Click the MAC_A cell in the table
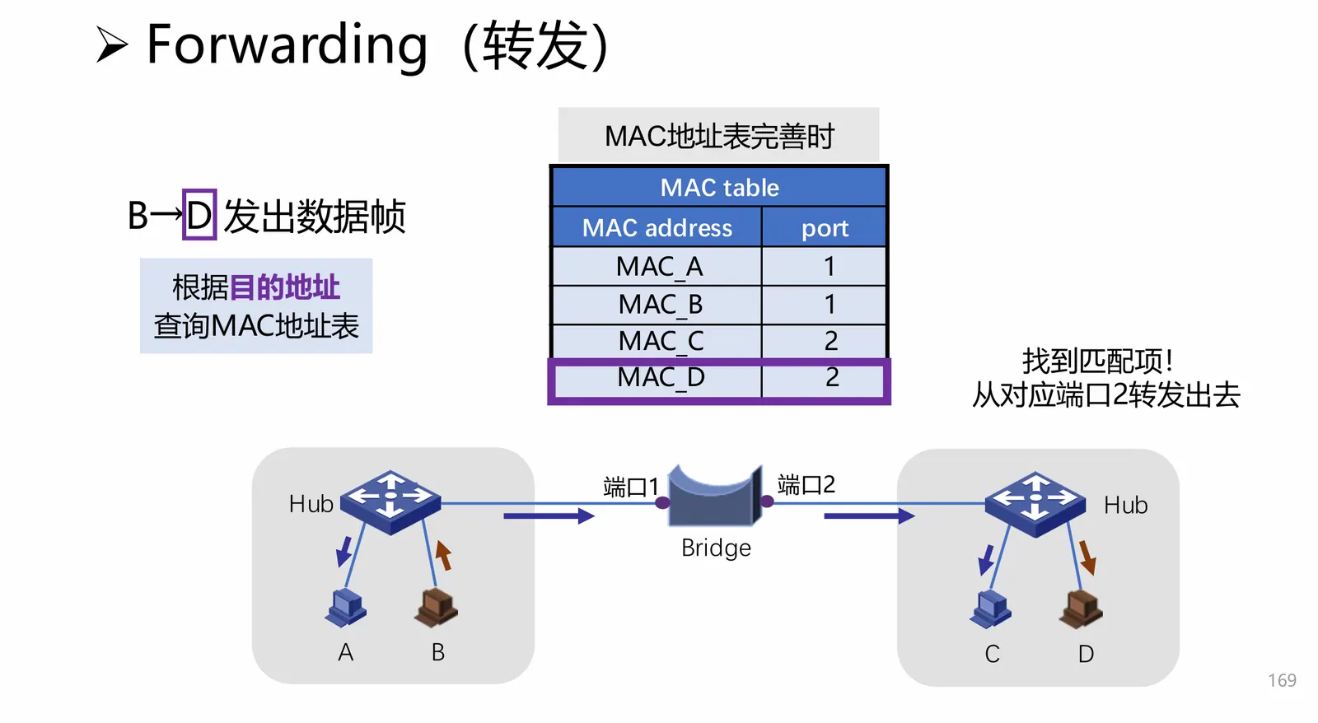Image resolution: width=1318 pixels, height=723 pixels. tap(658, 267)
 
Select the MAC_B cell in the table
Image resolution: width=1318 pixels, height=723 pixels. tap(660, 305)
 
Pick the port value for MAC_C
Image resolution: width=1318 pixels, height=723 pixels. tap(830, 341)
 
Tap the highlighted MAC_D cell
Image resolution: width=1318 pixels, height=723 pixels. tap(661, 378)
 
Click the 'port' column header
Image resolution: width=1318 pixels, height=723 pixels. tap(825, 228)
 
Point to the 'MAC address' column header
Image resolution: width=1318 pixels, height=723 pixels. tap(657, 228)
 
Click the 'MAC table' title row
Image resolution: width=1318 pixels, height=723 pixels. tap(719, 188)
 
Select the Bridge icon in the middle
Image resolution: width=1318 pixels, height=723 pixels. tap(714, 497)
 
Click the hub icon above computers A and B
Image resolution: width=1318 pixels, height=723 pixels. tap(390, 501)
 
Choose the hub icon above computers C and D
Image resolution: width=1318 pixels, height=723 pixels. tap(1035, 502)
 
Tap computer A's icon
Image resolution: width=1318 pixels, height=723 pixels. tap(346, 609)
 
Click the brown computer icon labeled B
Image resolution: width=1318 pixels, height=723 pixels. tap(437, 609)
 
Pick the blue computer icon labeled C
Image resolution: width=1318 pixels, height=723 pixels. tap(991, 610)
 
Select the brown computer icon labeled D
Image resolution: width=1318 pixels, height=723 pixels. tap(1082, 610)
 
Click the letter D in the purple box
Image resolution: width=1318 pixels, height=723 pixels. tap(199, 216)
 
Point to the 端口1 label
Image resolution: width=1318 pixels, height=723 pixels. tap(630, 487)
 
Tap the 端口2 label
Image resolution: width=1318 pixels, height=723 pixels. tap(806, 485)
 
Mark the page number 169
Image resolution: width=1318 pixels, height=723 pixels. tap(1282, 680)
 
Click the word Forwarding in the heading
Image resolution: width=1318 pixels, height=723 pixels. tap(287, 44)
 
